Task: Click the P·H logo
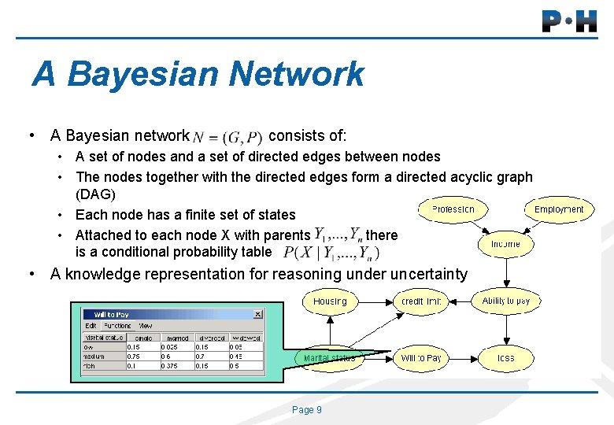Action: [569, 20]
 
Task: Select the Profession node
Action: [453, 209]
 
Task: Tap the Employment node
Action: [559, 209]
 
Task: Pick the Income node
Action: [505, 244]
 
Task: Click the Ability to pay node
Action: [506, 301]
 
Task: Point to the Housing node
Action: [329, 301]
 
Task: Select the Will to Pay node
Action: [421, 358]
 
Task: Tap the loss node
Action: [506, 358]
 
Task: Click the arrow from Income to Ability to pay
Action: [506, 272]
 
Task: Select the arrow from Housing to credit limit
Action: [374, 301]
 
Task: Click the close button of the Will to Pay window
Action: [257, 314]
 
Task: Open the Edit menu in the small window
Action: [91, 325]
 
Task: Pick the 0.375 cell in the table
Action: [172, 366]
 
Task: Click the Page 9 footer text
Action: [306, 410]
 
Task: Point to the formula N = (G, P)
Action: [227, 137]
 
